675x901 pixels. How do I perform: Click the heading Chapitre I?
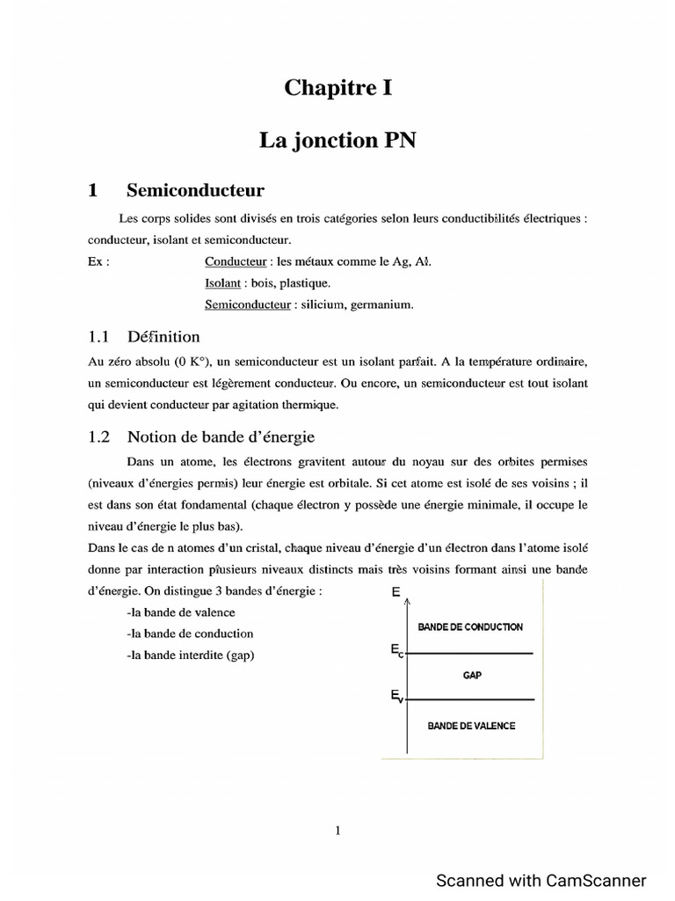point(337,87)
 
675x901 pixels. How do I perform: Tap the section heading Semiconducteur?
point(195,190)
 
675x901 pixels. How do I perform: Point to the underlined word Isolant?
point(222,283)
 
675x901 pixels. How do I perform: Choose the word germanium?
point(378,305)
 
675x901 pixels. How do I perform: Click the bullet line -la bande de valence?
point(181,612)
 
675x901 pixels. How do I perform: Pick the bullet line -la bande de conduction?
point(190,634)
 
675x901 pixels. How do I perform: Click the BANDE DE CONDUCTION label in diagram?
point(470,627)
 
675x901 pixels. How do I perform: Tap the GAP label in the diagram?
point(472,676)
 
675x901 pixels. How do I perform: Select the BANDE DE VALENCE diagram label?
point(471,726)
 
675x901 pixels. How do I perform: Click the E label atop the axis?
point(395,593)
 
